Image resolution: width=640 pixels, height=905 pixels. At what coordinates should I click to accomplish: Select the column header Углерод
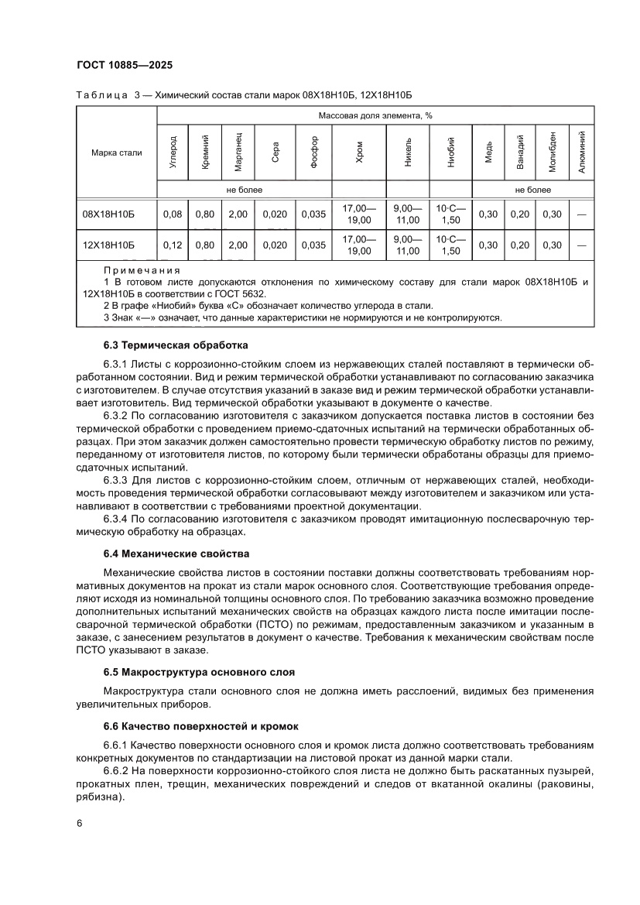173,153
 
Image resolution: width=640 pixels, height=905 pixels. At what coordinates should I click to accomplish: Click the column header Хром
358,153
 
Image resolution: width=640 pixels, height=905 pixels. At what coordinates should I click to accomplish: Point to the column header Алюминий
581,153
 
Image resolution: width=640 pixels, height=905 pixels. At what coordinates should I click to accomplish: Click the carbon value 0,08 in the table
173,214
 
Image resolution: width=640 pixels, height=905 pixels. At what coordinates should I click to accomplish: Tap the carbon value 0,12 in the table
173,245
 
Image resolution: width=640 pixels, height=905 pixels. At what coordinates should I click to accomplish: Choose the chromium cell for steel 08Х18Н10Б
358,214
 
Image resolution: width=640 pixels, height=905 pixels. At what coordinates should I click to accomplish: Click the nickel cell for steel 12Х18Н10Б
408,245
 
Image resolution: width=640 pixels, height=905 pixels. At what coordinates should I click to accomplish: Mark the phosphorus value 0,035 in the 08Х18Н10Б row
313,214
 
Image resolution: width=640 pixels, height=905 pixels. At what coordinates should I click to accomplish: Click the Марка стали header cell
116,153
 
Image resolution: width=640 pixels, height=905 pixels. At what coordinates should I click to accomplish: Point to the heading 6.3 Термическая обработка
175,345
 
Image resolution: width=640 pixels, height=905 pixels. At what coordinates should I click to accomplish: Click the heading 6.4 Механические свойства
176,554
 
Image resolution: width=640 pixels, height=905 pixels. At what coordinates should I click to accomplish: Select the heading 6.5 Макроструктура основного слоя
199,670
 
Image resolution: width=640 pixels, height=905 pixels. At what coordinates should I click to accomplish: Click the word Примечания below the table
141,271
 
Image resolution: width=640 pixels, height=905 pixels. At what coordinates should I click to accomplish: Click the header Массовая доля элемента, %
375,115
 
